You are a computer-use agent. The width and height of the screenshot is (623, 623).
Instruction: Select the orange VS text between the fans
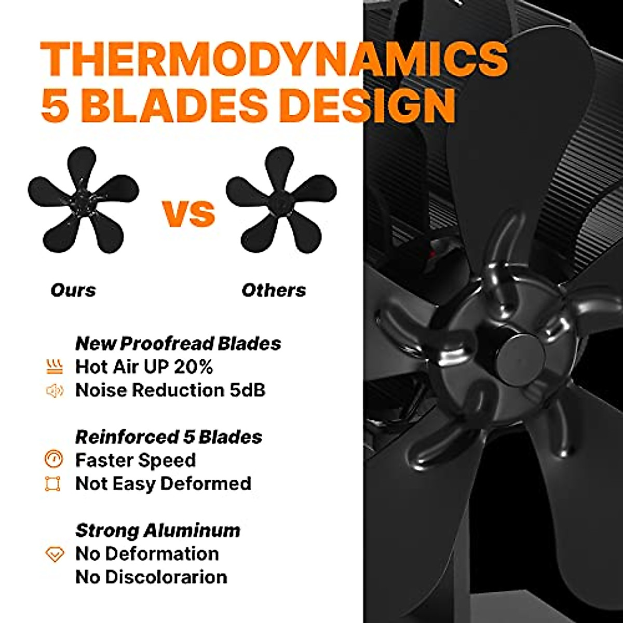click(188, 213)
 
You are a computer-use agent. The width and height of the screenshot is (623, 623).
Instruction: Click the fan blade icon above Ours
click(83, 199)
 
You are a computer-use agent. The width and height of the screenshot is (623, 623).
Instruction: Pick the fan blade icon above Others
click(281, 199)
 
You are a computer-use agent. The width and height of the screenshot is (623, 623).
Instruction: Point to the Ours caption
click(73, 290)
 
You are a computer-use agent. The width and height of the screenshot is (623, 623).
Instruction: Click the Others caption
click(274, 290)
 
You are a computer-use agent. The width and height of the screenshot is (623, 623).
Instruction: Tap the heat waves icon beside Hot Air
click(54, 367)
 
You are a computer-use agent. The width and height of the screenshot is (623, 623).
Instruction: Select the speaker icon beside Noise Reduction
click(54, 390)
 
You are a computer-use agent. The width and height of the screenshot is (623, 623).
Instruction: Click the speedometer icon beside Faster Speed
click(54, 459)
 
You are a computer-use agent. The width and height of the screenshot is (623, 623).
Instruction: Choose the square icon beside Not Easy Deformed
click(53, 484)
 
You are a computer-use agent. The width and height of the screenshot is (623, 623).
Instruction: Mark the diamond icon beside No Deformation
click(54, 554)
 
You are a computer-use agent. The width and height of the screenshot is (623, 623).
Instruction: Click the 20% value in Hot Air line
click(193, 367)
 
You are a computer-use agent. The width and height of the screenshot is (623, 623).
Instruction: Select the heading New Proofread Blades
click(178, 343)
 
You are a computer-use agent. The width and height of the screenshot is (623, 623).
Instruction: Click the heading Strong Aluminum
click(158, 530)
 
